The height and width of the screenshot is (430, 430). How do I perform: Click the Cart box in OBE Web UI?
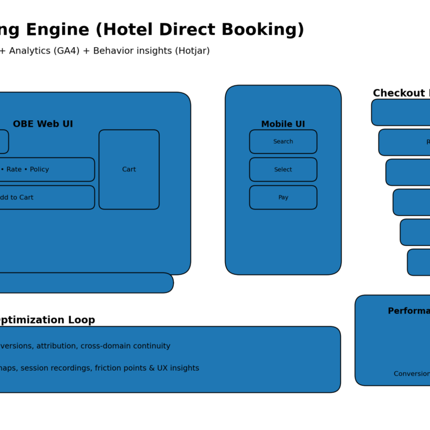(129, 170)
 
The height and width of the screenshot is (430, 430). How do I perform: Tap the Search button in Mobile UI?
(283, 142)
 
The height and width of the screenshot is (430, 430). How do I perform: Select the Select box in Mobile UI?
(283, 170)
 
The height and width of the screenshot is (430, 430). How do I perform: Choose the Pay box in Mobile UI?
(283, 198)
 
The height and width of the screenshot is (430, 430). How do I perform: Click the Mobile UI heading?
(283, 124)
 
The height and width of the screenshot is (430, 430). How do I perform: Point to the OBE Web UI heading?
(43, 124)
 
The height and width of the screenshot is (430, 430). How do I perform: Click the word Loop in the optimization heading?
(81, 320)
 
